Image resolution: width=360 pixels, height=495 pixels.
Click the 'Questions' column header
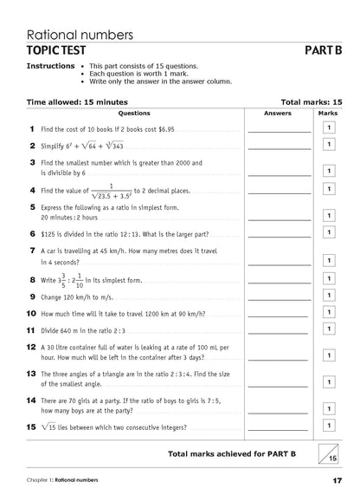(134, 113)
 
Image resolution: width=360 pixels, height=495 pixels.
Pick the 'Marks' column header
(328, 113)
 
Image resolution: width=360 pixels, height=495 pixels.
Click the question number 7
(31, 251)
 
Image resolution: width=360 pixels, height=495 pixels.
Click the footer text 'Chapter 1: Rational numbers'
(61, 479)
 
